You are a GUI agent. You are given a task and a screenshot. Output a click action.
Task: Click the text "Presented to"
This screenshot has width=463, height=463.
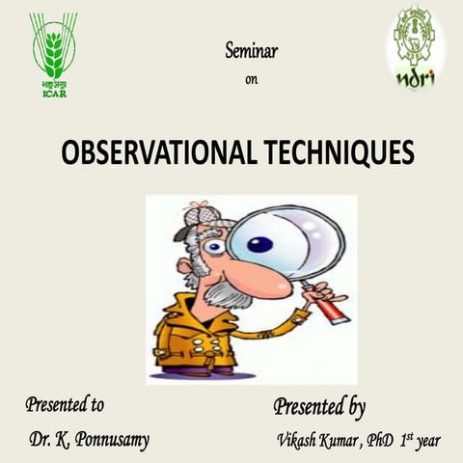pyautogui.click(x=65, y=404)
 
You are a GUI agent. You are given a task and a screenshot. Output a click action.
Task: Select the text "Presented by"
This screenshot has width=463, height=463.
pyautogui.click(x=319, y=406)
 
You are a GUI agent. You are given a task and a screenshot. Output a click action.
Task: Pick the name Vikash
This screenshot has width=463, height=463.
pyautogui.click(x=296, y=441)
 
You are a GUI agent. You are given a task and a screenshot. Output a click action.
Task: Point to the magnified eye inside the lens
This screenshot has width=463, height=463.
pyautogui.click(x=259, y=244)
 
